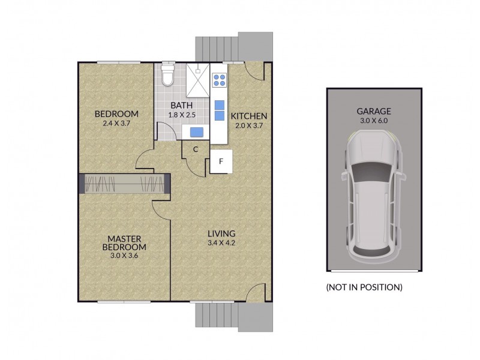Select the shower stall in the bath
pyautogui.click(x=197, y=79)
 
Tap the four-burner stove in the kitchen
pyautogui.click(x=219, y=79)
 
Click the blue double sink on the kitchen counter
pyautogui.click(x=219, y=109)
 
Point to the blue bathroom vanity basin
pyautogui.click(x=196, y=131)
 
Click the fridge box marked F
pyautogui.click(x=221, y=161)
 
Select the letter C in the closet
pyautogui.click(x=196, y=150)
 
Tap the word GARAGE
pyautogui.click(x=374, y=111)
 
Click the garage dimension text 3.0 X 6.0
pyautogui.click(x=374, y=120)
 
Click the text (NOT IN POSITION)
pyautogui.click(x=364, y=287)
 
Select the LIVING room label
pyautogui.click(x=221, y=233)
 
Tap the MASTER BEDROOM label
pyautogui.click(x=124, y=242)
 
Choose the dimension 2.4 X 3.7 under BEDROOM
pyautogui.click(x=116, y=123)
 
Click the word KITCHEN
pyautogui.click(x=249, y=116)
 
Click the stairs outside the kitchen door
pyautogui.click(x=216, y=46)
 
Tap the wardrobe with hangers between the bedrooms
pyautogui.click(x=123, y=183)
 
